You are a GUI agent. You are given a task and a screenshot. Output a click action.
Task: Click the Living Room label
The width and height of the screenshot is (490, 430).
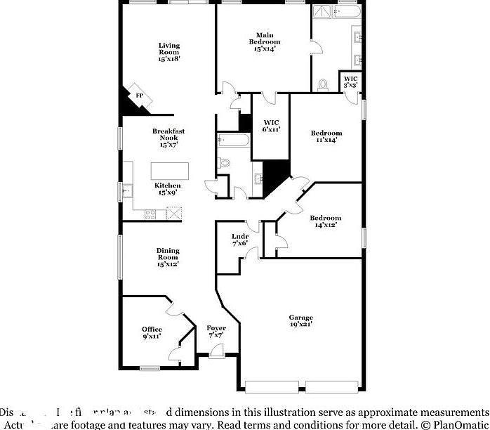(x=168, y=52)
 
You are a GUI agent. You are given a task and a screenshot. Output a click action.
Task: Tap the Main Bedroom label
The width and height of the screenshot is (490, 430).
(x=264, y=41)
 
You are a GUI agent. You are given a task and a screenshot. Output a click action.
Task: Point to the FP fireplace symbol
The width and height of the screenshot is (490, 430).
(x=139, y=96)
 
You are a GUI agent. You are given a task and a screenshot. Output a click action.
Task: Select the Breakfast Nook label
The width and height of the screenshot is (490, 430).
(x=168, y=138)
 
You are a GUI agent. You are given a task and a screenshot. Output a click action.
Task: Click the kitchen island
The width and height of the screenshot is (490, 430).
(x=170, y=171)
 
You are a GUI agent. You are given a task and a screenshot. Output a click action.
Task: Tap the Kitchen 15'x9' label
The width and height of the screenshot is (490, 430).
(x=168, y=189)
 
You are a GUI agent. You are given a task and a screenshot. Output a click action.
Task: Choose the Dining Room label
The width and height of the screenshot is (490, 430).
(x=168, y=257)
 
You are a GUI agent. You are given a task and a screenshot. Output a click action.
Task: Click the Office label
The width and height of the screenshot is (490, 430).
(x=152, y=332)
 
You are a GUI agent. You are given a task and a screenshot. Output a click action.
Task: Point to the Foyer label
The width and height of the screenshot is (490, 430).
(x=216, y=332)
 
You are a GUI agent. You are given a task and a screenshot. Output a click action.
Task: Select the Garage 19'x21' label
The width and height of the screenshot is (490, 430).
(x=301, y=321)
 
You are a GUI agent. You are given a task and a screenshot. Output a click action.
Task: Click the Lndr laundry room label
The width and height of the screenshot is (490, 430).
(x=240, y=240)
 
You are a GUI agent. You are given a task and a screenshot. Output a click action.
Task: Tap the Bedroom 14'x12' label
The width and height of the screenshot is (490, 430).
(x=325, y=221)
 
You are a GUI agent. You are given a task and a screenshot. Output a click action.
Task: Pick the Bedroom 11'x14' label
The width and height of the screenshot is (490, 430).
(x=326, y=136)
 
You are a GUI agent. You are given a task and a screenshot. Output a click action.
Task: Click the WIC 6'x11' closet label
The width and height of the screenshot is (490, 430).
(x=271, y=126)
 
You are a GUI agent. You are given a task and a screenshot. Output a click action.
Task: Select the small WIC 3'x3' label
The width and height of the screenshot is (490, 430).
(x=350, y=81)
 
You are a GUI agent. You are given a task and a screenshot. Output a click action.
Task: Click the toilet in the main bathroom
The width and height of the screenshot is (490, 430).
(x=322, y=84)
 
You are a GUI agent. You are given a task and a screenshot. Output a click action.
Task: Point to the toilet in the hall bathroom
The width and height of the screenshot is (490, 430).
(x=225, y=162)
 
